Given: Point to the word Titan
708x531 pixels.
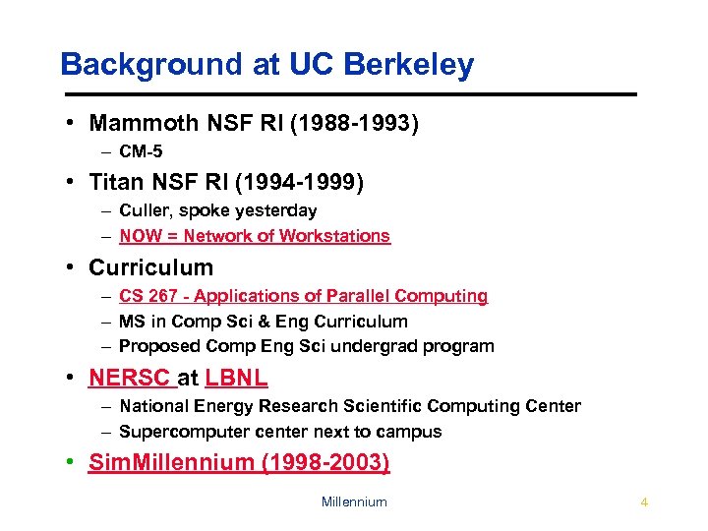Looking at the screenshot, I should pyautogui.click(x=115, y=182).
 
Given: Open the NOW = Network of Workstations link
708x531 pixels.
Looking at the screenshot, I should pyautogui.click(x=255, y=236).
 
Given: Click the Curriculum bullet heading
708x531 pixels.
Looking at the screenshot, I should pyautogui.click(x=150, y=267).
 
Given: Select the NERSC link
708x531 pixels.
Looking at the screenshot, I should pyautogui.click(x=131, y=378).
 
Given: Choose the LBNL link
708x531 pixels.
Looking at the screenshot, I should pyautogui.click(x=236, y=378).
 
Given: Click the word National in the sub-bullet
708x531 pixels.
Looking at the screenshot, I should pyautogui.click(x=152, y=406).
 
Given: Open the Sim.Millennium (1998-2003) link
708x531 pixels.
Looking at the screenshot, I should pyautogui.click(x=239, y=463).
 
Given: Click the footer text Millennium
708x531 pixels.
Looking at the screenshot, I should pyautogui.click(x=354, y=502).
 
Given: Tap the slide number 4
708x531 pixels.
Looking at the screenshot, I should pyautogui.click(x=644, y=502).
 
